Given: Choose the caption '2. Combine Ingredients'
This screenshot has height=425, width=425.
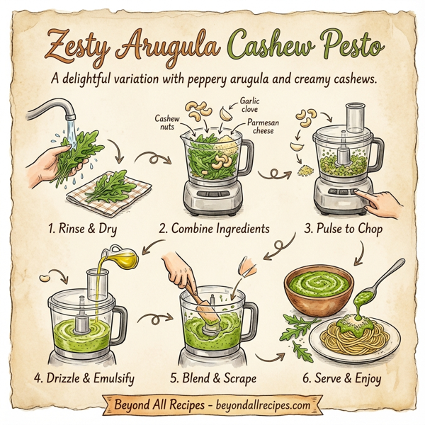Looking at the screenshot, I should [214, 229].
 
